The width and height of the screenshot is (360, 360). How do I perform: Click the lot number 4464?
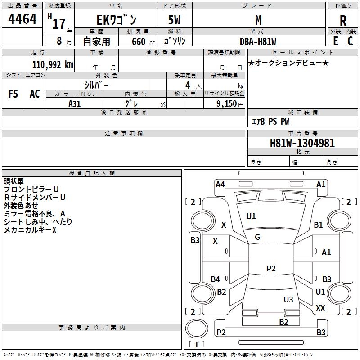(x=22, y=20)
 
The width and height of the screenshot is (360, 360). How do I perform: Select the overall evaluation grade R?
(x=343, y=21)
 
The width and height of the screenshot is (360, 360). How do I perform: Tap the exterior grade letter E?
(x=335, y=41)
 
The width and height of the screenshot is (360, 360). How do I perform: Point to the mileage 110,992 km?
(x=53, y=65)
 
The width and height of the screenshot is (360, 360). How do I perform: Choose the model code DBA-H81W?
(x=258, y=41)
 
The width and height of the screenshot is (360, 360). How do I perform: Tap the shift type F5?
(x=13, y=94)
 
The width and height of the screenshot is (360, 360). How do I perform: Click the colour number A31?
(x=75, y=103)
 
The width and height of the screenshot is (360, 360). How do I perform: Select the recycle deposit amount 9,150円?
(x=230, y=103)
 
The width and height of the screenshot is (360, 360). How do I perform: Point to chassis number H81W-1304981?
(x=302, y=143)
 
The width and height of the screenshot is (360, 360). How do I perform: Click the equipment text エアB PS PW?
(x=270, y=121)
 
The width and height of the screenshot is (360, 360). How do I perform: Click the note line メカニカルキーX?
(x=30, y=230)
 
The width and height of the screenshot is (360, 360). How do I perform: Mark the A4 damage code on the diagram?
(x=220, y=184)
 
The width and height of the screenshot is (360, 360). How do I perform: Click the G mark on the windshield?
(x=257, y=237)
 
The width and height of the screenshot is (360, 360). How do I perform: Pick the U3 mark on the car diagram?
(x=288, y=299)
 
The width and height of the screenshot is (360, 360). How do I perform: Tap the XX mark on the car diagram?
(x=320, y=308)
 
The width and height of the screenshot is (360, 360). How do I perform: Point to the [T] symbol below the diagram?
(x=197, y=344)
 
